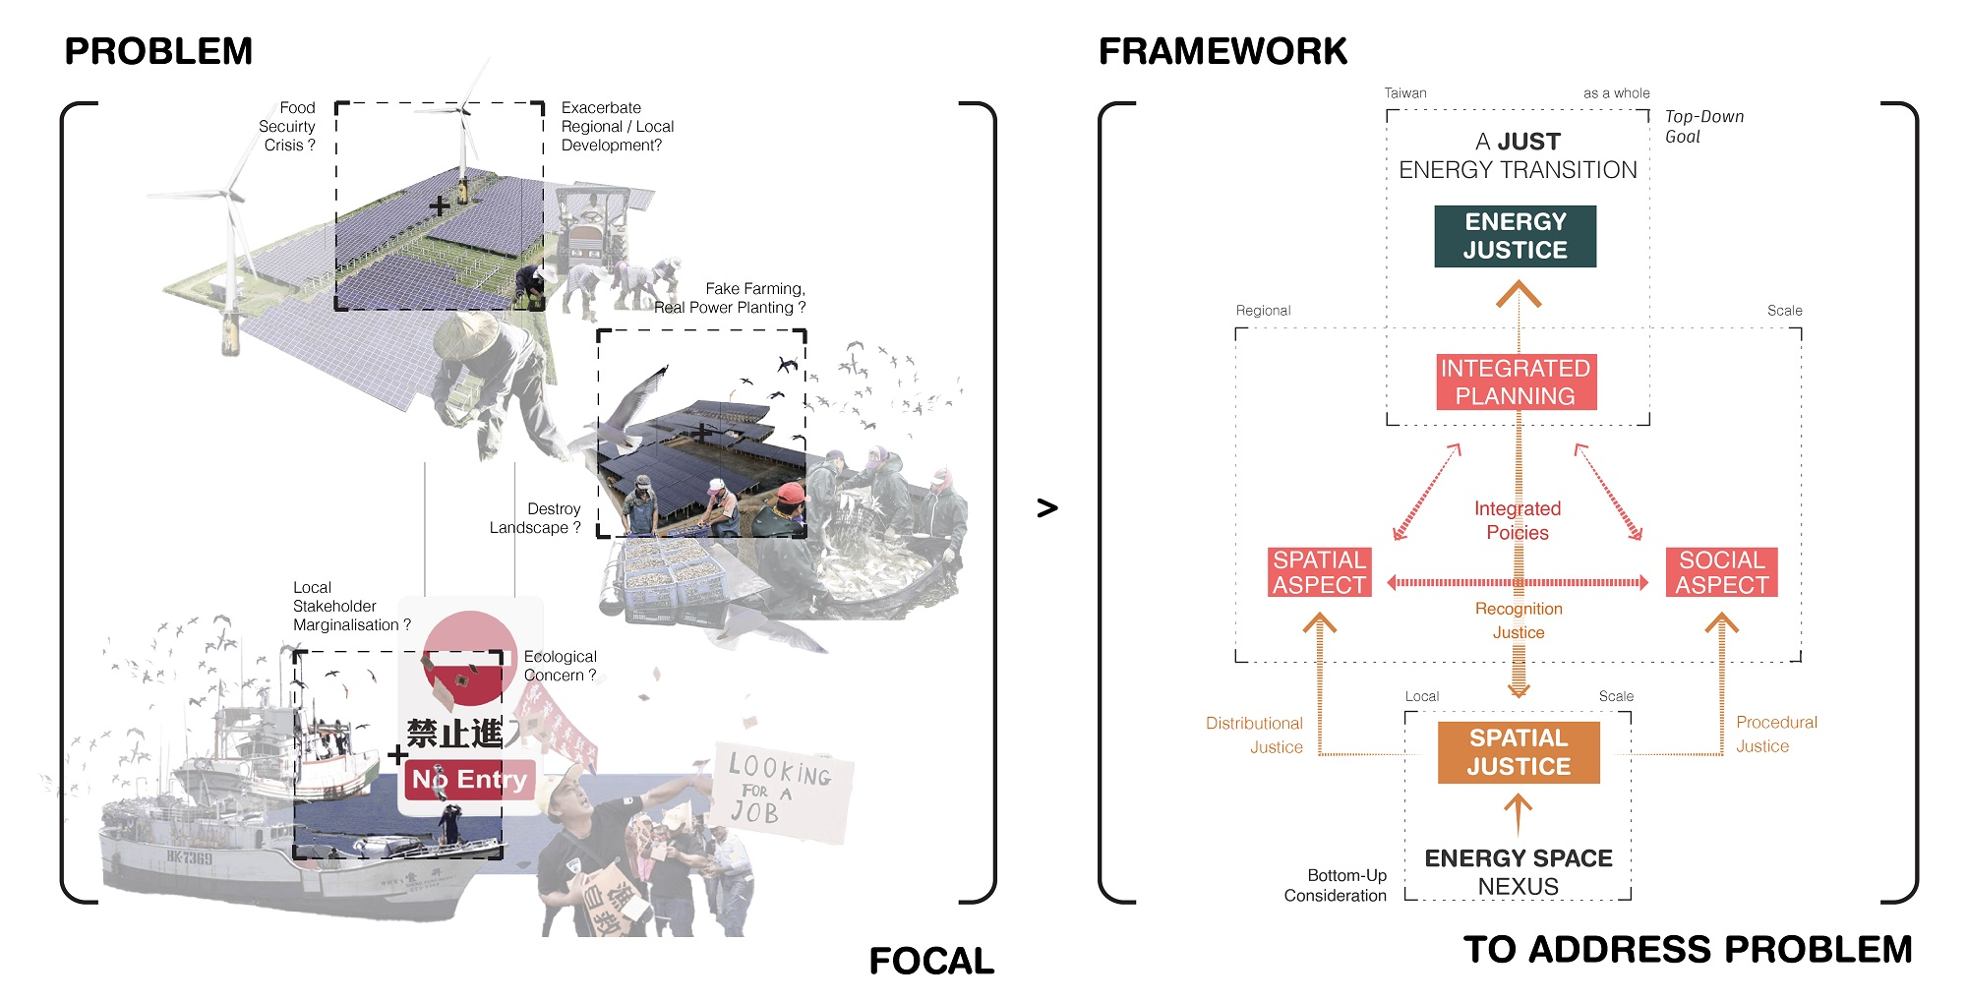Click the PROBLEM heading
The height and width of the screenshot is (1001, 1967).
[158, 51]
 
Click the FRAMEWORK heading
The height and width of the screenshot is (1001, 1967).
[1222, 51]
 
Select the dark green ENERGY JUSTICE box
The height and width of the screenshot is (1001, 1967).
[1515, 236]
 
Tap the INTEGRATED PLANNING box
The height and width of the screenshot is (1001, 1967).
[1516, 382]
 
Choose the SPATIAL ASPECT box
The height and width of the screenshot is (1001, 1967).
[1319, 572]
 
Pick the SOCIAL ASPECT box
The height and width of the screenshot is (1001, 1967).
[1721, 572]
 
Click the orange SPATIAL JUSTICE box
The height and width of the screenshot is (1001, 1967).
[1519, 752]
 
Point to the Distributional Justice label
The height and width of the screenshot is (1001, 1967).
[1255, 735]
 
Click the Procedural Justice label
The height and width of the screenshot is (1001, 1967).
[1775, 734]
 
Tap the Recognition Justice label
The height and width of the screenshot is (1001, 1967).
[1519, 620]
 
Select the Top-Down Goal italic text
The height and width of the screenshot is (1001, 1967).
[1703, 126]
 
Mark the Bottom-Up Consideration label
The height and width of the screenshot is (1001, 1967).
[1336, 885]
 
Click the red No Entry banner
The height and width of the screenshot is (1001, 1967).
[469, 779]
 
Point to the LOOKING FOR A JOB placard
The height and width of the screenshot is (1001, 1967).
[780, 789]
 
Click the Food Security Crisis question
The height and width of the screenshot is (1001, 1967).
[287, 127]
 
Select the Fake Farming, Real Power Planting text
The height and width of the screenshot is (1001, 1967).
[731, 298]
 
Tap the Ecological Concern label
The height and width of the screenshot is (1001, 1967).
[560, 666]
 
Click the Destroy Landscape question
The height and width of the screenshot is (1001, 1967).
[536, 518]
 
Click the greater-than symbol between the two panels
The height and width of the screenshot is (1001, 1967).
[1047, 507]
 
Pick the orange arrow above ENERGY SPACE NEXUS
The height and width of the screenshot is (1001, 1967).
[1518, 814]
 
